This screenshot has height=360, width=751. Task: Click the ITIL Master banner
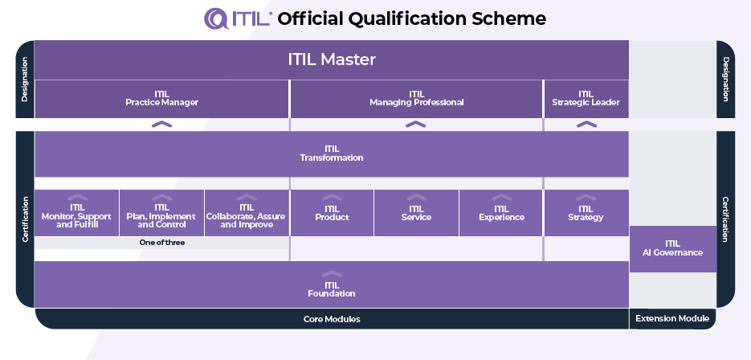(331, 59)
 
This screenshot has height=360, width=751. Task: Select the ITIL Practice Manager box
(161, 99)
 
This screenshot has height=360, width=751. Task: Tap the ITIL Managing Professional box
(416, 99)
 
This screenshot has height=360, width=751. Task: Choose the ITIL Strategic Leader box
(586, 99)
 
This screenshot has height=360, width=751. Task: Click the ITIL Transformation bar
(331, 153)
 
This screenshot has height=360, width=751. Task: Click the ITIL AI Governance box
(672, 248)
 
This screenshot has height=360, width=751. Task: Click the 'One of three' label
(161, 242)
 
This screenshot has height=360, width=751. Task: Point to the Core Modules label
(331, 319)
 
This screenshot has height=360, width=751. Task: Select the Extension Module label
(672, 319)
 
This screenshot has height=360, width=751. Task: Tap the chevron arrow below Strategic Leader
(586, 125)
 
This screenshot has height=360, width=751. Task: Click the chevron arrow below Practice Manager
(161, 125)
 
